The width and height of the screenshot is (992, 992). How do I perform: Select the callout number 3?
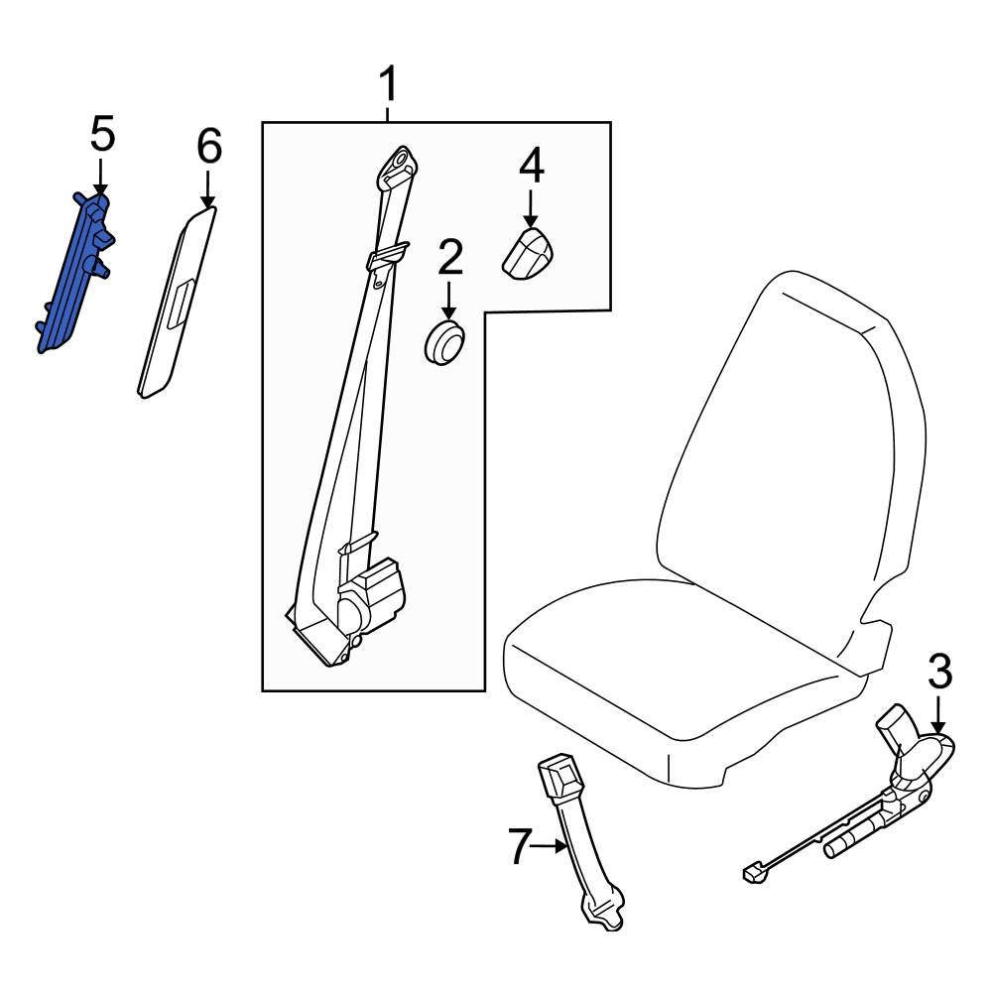[938, 674]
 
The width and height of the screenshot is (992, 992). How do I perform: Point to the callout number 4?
[531, 166]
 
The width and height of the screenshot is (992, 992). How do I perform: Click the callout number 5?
[102, 134]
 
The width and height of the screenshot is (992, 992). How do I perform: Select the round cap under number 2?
[444, 342]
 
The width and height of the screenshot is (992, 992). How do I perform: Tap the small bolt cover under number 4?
[528, 254]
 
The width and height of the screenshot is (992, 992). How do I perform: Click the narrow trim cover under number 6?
[176, 303]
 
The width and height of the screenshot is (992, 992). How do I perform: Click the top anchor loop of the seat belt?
[400, 163]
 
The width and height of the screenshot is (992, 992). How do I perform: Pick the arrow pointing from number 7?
[550, 847]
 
